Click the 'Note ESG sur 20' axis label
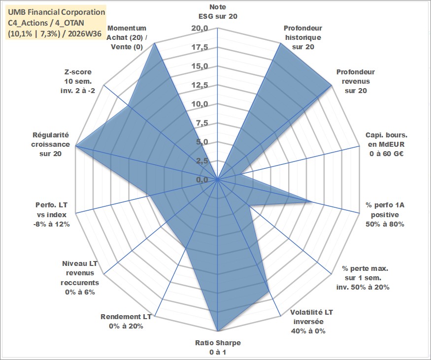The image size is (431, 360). click(x=218, y=11)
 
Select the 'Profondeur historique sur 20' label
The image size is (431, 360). click(x=303, y=37)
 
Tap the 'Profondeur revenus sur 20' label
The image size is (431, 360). click(x=356, y=81)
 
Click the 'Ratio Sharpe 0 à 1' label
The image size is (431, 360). click(x=218, y=347)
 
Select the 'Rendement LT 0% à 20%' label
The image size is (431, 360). click(x=126, y=321)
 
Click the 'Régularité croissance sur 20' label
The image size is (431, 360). click(x=50, y=144)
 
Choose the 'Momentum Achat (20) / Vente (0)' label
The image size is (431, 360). click(x=127, y=37)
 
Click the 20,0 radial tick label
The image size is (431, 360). click(x=199, y=28)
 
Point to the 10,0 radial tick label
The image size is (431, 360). click(x=199, y=104)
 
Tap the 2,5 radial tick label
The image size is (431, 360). click(x=202, y=161)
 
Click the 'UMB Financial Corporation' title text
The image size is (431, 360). click(x=56, y=12)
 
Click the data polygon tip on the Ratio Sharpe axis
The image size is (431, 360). click(x=218, y=331)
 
